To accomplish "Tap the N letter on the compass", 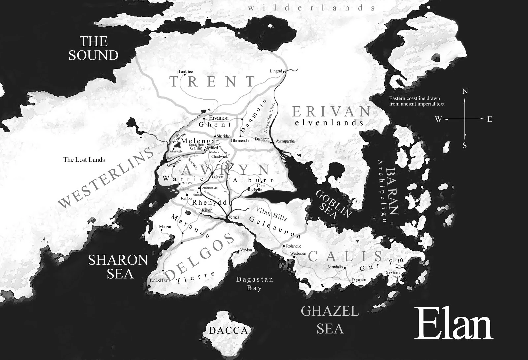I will [465, 91].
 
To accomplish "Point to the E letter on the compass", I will [490, 119].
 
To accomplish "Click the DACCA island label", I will [228, 330].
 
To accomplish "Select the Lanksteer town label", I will [186, 71].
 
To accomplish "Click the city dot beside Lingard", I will [284, 71].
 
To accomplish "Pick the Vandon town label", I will [246, 250].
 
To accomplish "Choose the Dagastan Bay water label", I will [254, 284].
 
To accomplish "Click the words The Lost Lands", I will [84, 160].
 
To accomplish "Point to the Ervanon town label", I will [218, 118].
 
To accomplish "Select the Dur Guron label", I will [393, 273].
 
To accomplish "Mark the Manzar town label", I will [165, 227].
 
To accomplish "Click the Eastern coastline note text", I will [416, 101].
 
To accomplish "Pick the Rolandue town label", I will [293, 246].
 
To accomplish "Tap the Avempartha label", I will [285, 141].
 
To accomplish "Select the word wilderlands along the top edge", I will [312, 8].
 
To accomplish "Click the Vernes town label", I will [233, 217].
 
